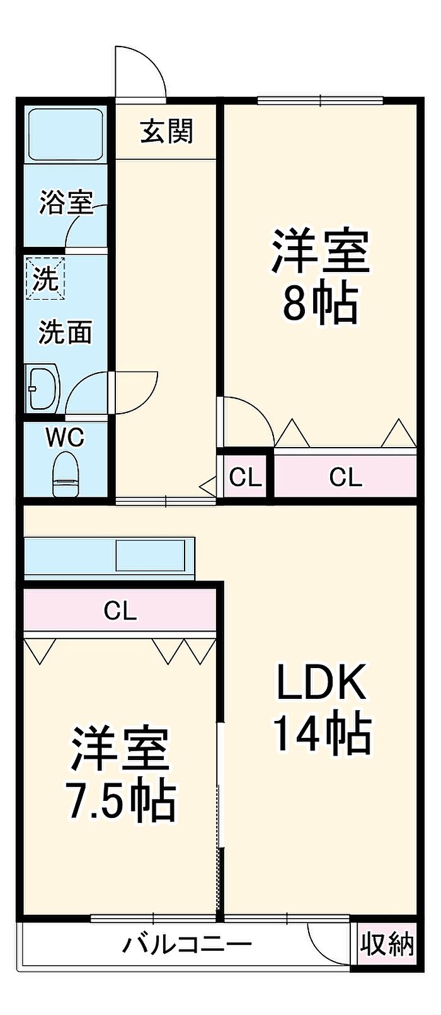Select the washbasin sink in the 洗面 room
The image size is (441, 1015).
pyautogui.click(x=42, y=387)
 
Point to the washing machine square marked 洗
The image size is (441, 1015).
pyautogui.click(x=45, y=278)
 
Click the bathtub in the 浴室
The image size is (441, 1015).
pyautogui.click(x=65, y=134)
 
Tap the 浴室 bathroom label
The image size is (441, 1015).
pyautogui.click(x=66, y=202)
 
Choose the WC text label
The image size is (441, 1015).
pyautogui.click(x=65, y=437)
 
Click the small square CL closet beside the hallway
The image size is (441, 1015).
pyautogui.click(x=245, y=477)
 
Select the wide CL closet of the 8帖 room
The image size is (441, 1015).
pyautogui.click(x=346, y=477)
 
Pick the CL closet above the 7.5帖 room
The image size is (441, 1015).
pyautogui.click(x=120, y=610)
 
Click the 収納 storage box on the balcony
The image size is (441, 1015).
pyautogui.click(x=387, y=944)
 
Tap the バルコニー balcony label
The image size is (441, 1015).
pyautogui.click(x=187, y=944)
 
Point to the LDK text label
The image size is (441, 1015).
pyautogui.click(x=321, y=681)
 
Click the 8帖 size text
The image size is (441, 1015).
pyautogui.click(x=320, y=303)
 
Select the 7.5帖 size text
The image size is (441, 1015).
pyautogui.click(x=121, y=800)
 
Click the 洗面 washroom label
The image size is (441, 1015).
pyautogui.click(x=66, y=332)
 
